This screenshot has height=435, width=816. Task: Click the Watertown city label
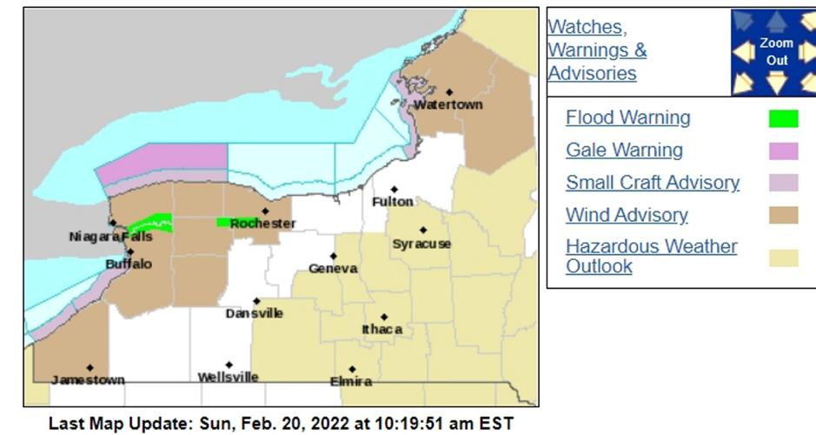[448, 105]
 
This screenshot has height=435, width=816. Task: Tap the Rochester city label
[262, 224]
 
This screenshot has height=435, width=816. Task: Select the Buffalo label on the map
[129, 264]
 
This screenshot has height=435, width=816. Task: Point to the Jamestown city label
[88, 380]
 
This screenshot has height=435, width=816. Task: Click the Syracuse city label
[421, 244]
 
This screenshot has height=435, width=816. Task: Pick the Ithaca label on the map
[382, 330]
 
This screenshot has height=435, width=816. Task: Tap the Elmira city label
[351, 381]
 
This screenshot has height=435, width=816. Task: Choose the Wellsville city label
[228, 378]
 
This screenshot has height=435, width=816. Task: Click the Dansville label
[255, 313]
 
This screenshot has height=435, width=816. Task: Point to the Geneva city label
[333, 269]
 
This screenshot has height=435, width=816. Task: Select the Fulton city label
[393, 202]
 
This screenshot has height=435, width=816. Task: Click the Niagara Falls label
[110, 237]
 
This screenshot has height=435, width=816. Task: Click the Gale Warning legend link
[624, 150]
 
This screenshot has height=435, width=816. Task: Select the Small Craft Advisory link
[652, 183]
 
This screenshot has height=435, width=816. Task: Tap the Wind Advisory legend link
[626, 215]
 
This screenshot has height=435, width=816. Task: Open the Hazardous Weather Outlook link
[651, 256]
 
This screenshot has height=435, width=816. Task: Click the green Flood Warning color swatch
[783, 118]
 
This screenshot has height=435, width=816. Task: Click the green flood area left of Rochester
[224, 222]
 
